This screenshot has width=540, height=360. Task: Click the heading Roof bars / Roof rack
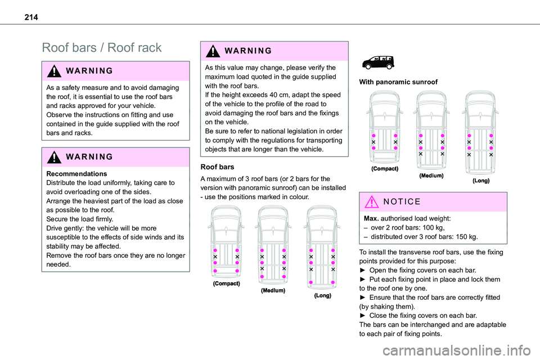pyautogui.click(x=102, y=48)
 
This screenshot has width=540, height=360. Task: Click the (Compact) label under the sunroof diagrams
pyautogui.click(x=385, y=169)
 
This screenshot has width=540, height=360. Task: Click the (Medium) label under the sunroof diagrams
pyautogui.click(x=431, y=175)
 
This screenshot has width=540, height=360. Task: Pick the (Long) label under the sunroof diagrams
pyautogui.click(x=481, y=181)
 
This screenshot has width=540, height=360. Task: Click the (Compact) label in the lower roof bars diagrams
pyautogui.click(x=226, y=283)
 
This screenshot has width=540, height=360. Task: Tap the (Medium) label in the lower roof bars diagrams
pyautogui.click(x=273, y=291)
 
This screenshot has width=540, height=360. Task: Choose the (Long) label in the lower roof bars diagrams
pyautogui.click(x=322, y=295)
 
